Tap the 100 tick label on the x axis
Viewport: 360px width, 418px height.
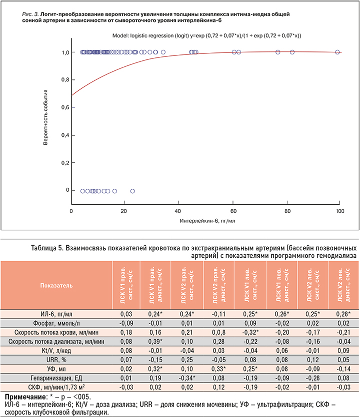coord(340,211)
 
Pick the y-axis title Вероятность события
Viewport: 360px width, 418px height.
coord(45,117)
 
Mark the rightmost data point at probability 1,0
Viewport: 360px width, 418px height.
coord(337,52)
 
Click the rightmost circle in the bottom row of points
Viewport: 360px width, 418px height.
coord(132,191)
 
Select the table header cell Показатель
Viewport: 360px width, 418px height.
coord(56,285)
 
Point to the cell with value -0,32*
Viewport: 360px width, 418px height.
coord(249,333)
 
